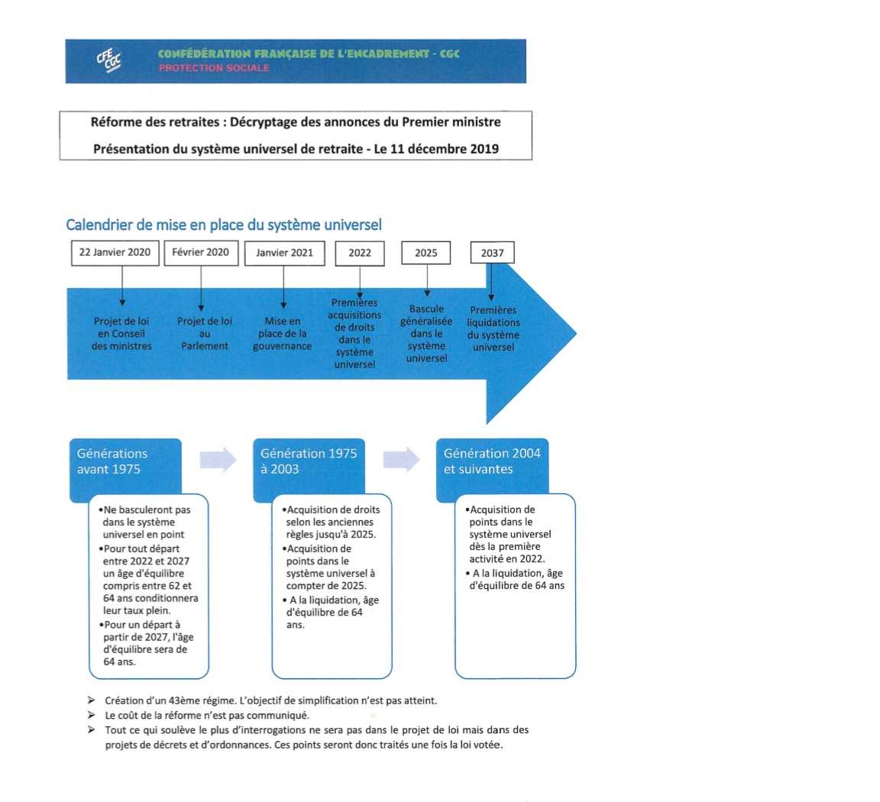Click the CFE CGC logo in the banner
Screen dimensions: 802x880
[x=108, y=60]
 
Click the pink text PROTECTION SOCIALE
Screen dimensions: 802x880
[x=214, y=68]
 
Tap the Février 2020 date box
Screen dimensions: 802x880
[x=201, y=253]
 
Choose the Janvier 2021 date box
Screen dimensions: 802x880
[x=284, y=253]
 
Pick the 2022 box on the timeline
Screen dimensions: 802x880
[x=360, y=253]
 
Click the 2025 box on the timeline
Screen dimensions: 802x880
[x=426, y=253]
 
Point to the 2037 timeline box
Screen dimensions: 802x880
[x=493, y=253]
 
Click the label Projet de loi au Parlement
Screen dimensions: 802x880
[x=205, y=334]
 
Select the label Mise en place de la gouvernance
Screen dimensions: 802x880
[x=283, y=334]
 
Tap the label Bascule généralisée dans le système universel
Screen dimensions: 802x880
[x=426, y=334]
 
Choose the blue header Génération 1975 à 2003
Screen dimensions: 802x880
[x=309, y=461]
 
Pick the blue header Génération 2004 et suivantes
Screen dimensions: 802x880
[x=492, y=461]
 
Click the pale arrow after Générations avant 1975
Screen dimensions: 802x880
[x=218, y=459]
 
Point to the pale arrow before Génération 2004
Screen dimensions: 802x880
[x=401, y=459]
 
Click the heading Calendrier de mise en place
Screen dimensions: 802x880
[x=224, y=225]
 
